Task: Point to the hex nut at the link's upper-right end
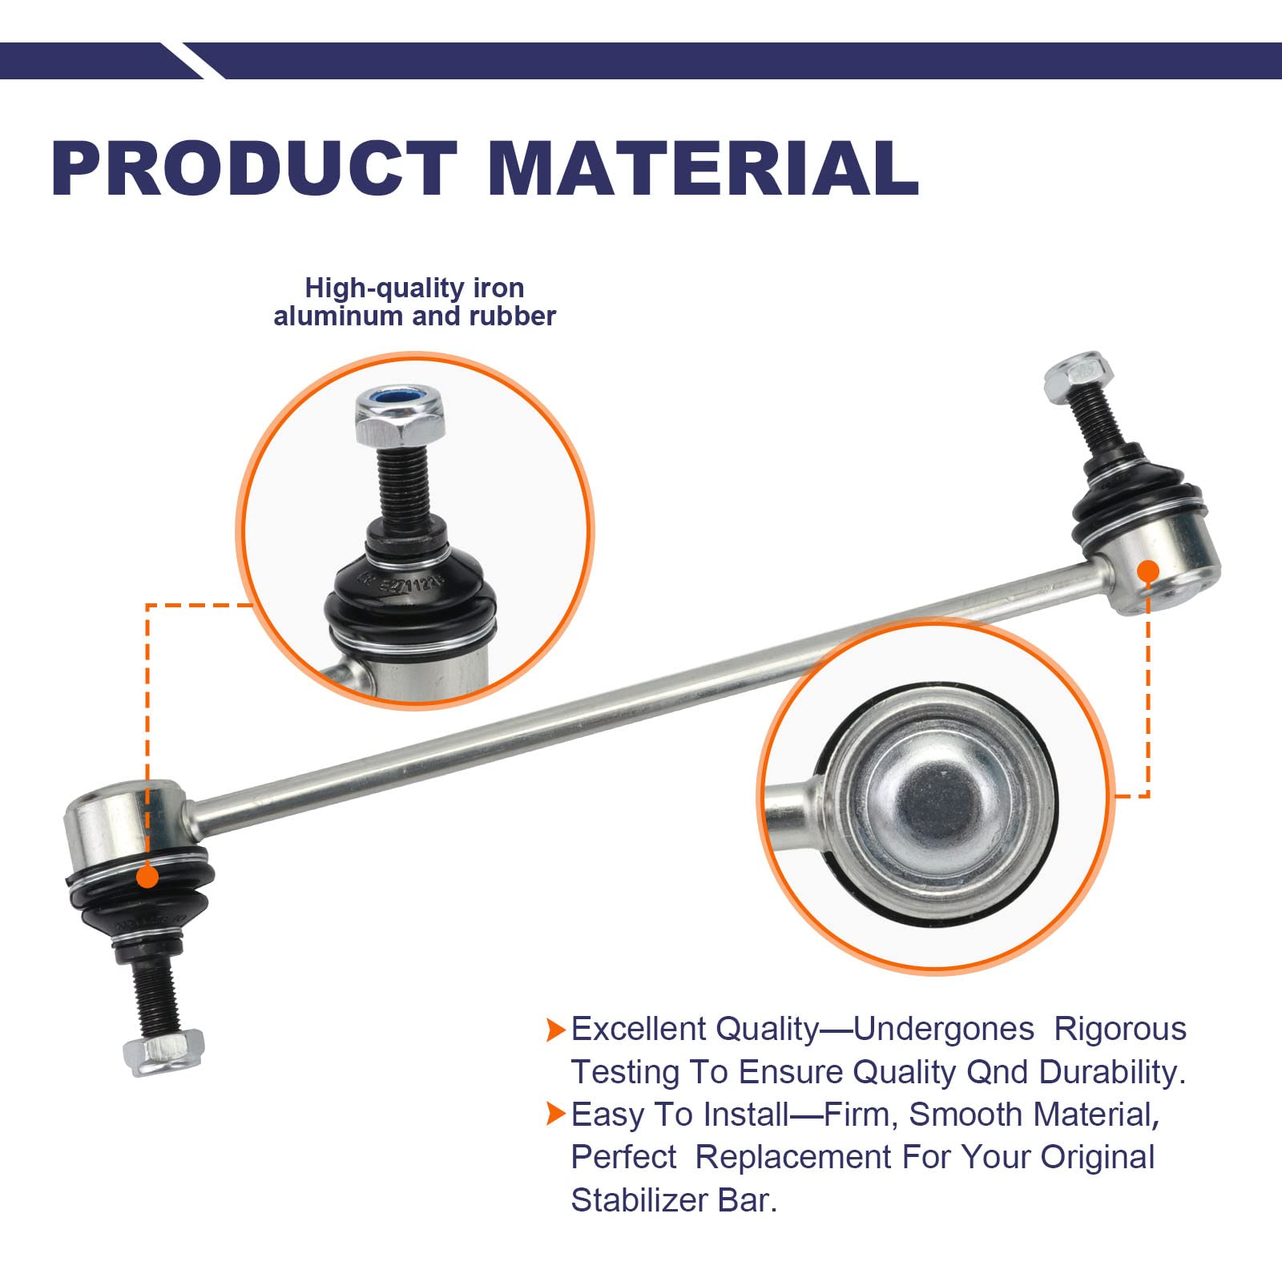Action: point(1078,377)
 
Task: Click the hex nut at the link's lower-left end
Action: point(164,1051)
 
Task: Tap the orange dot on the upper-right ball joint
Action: point(1147,571)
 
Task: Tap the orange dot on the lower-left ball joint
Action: point(147,877)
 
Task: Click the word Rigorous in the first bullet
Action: point(1119,1029)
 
